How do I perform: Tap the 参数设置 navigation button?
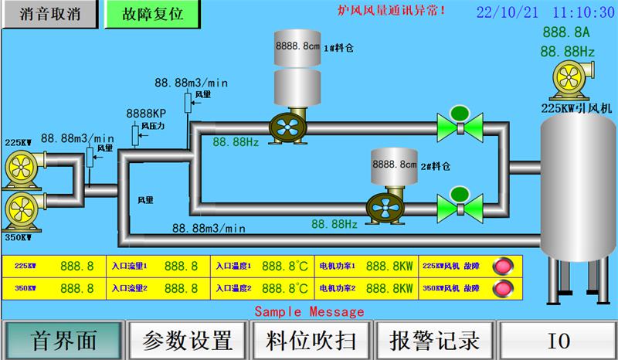(x=188, y=340)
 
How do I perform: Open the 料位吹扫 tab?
(x=312, y=340)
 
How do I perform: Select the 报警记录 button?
(x=436, y=340)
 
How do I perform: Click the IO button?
(x=558, y=340)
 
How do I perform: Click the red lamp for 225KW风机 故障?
(x=505, y=266)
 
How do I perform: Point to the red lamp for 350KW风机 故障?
(x=505, y=288)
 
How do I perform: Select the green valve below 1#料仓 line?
(x=460, y=124)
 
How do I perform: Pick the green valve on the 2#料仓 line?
(x=460, y=205)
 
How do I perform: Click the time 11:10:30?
(x=583, y=12)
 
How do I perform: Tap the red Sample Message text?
(x=309, y=311)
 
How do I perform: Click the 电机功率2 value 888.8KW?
(x=389, y=288)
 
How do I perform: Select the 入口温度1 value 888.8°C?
(x=286, y=266)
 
